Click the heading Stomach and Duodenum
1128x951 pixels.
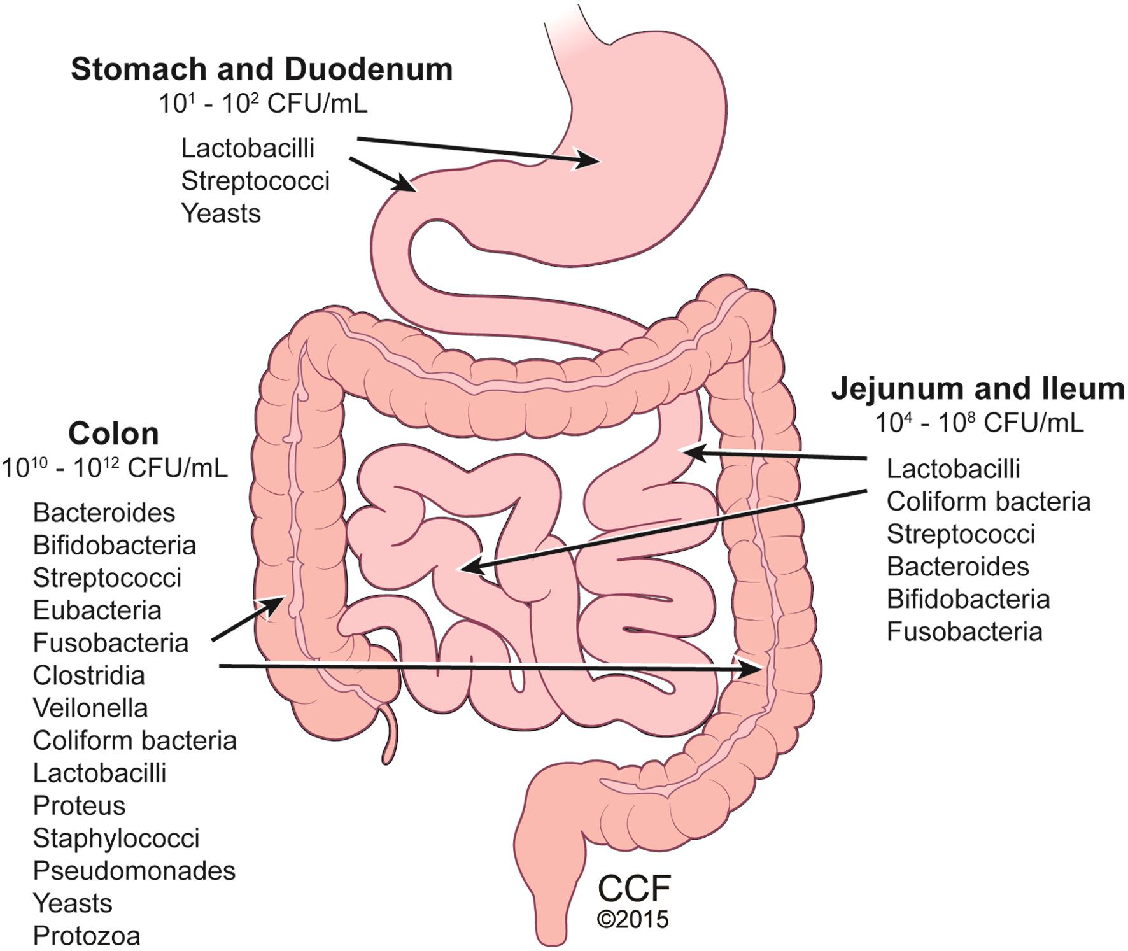[x=262, y=69]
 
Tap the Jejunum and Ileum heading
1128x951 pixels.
[x=978, y=389]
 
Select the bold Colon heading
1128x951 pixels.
[x=113, y=433]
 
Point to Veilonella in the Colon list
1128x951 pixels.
[x=90, y=707]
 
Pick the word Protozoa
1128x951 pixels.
[x=87, y=935]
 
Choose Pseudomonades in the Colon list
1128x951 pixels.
[x=134, y=870]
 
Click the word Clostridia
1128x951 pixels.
[x=89, y=675]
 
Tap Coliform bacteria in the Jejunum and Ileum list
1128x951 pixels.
[x=989, y=501]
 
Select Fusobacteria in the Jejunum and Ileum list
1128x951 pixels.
[x=964, y=631]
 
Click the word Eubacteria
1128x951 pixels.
[x=97, y=610]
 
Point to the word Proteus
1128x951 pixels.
[x=80, y=805]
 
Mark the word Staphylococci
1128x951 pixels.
[x=116, y=838]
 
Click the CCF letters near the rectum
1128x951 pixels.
[x=635, y=889]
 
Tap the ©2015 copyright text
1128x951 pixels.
[x=633, y=920]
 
